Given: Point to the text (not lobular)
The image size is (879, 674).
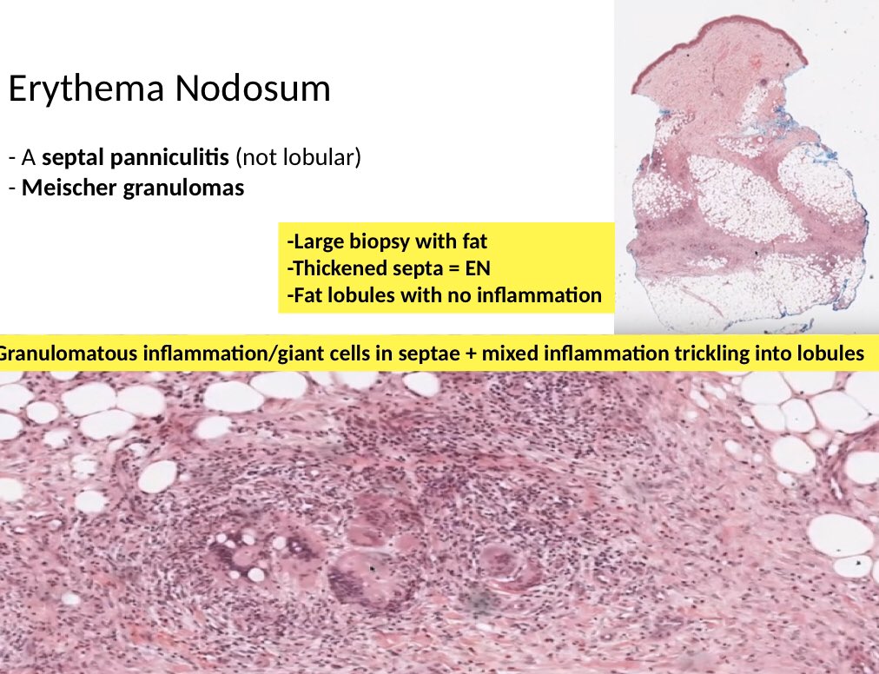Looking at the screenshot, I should [x=299, y=159].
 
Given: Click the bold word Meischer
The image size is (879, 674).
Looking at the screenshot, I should [x=68, y=188].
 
